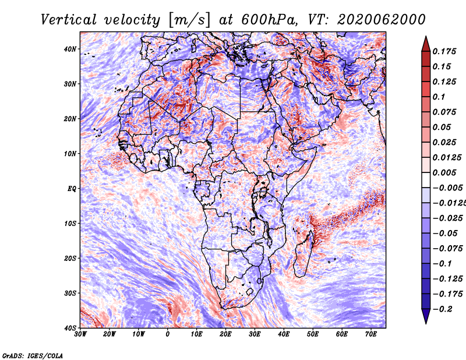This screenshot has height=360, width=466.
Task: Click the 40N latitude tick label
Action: click(70, 49)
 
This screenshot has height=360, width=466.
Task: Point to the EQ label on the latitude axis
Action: click(72, 189)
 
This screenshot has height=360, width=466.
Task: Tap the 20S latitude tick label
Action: click(70, 258)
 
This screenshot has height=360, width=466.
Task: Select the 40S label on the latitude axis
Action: click(70, 328)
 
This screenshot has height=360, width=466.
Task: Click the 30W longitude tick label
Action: click(80, 334)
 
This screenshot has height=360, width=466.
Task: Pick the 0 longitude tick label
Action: click(168, 334)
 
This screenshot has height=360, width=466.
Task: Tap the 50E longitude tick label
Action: click(313, 334)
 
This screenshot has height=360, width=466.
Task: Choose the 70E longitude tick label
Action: click(371, 334)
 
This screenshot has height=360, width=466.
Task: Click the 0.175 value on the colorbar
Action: click(444, 52)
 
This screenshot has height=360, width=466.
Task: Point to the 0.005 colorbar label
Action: click(444, 172)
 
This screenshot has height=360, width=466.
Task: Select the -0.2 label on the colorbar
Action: click(442, 309)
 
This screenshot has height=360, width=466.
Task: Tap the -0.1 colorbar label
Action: click(442, 264)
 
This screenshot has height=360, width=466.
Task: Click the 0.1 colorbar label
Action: click(439, 97)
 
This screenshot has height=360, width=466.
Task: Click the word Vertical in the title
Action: click(69, 20)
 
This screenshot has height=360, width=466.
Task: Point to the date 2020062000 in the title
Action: click(382, 20)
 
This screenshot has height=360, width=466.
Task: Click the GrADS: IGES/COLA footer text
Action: click(33, 356)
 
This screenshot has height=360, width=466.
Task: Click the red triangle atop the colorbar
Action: click(426, 44)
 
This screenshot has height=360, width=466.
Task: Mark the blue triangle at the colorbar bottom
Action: click(426, 316)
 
